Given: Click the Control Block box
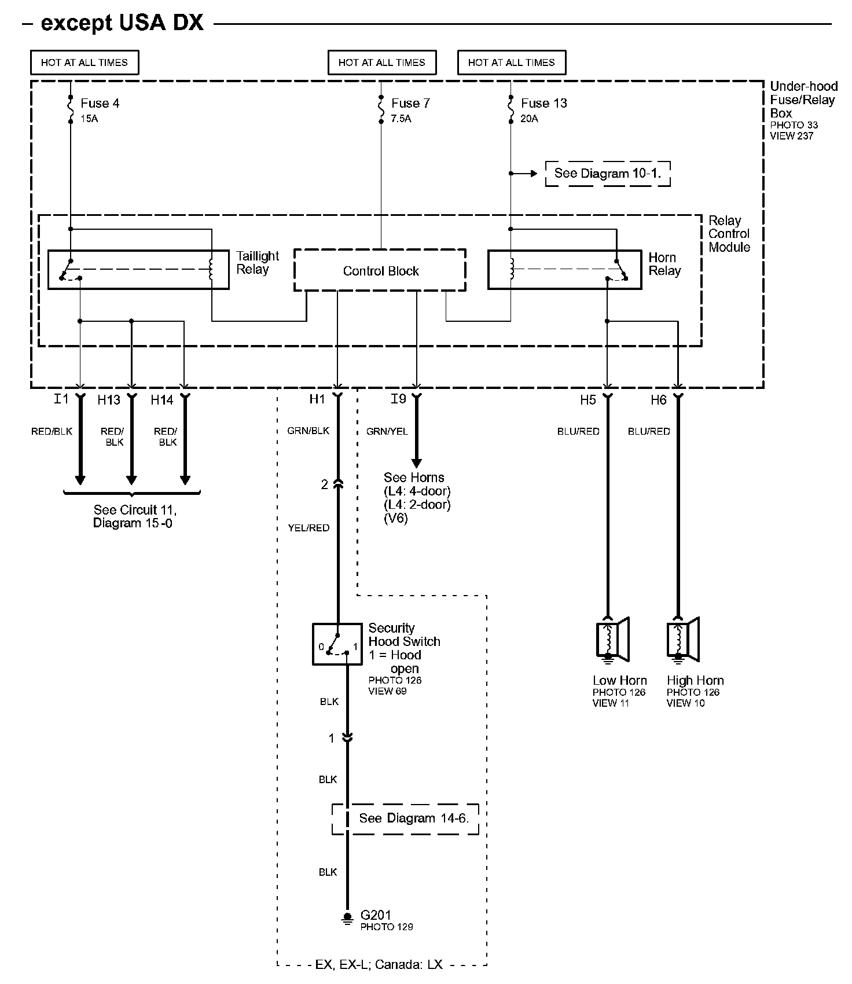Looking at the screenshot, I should click(380, 270).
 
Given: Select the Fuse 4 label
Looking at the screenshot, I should click(100, 103).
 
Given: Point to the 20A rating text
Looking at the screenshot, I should click(529, 119).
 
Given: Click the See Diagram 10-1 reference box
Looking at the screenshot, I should click(607, 173).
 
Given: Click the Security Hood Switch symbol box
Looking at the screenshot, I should click(337, 644).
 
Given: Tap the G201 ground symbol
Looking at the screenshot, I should click(347, 919).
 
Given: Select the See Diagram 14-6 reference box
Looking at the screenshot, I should click(405, 818).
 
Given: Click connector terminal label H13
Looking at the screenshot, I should click(108, 400).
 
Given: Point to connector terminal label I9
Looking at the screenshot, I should click(398, 399).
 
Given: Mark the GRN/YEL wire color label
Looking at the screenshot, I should click(387, 431).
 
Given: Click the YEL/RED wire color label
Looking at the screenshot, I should click(309, 528).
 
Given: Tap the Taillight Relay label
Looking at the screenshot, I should click(258, 263).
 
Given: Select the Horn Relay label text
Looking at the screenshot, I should click(664, 264).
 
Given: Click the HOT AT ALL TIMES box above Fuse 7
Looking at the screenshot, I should click(382, 63).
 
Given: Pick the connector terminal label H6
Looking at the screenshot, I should click(658, 400).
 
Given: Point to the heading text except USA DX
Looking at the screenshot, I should click(122, 23).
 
